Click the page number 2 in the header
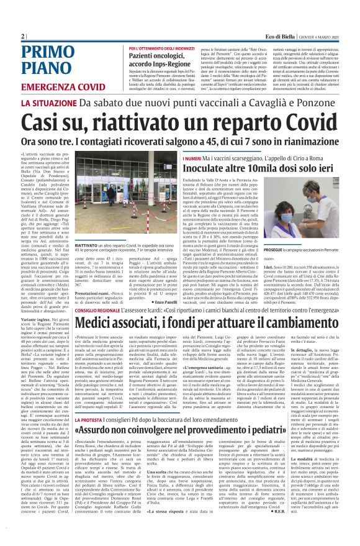tap(22, 36)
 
